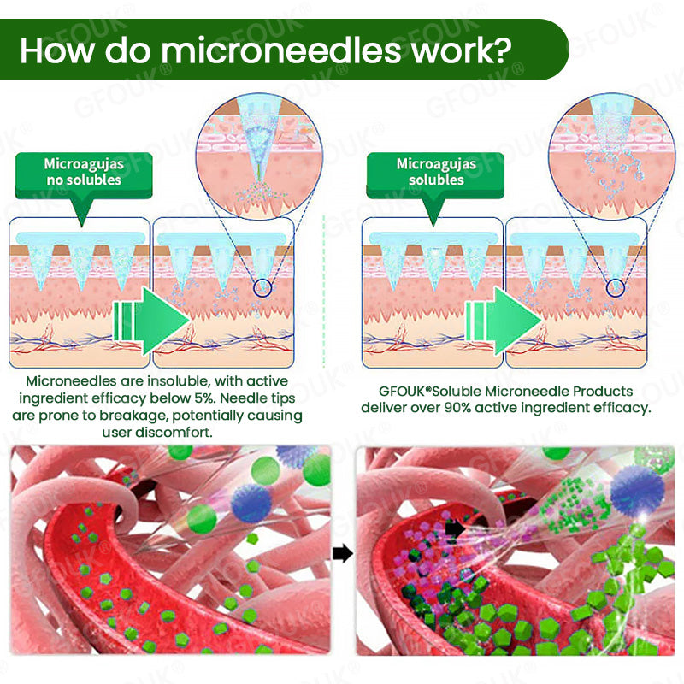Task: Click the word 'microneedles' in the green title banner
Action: pyautogui.click(x=281, y=50)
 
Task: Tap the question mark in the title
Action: pyautogui.click(x=503, y=50)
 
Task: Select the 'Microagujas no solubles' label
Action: pyautogui.click(x=84, y=172)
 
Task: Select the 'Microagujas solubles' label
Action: pyautogui.click(x=436, y=172)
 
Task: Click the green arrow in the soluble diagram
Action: pyautogui.click(x=503, y=321)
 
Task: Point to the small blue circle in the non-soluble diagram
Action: pyautogui.click(x=262, y=288)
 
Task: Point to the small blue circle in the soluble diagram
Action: pyautogui.click(x=616, y=288)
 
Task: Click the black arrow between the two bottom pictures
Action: pyautogui.click(x=343, y=553)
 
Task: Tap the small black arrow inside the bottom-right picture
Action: pyautogui.click(x=456, y=529)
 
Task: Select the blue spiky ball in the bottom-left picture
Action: pyautogui.click(x=251, y=503)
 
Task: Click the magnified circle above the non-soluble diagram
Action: pyautogui.click(x=260, y=156)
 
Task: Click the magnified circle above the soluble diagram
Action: pyautogui.click(x=612, y=156)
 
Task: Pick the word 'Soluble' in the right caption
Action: pyautogui.click(x=457, y=392)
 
